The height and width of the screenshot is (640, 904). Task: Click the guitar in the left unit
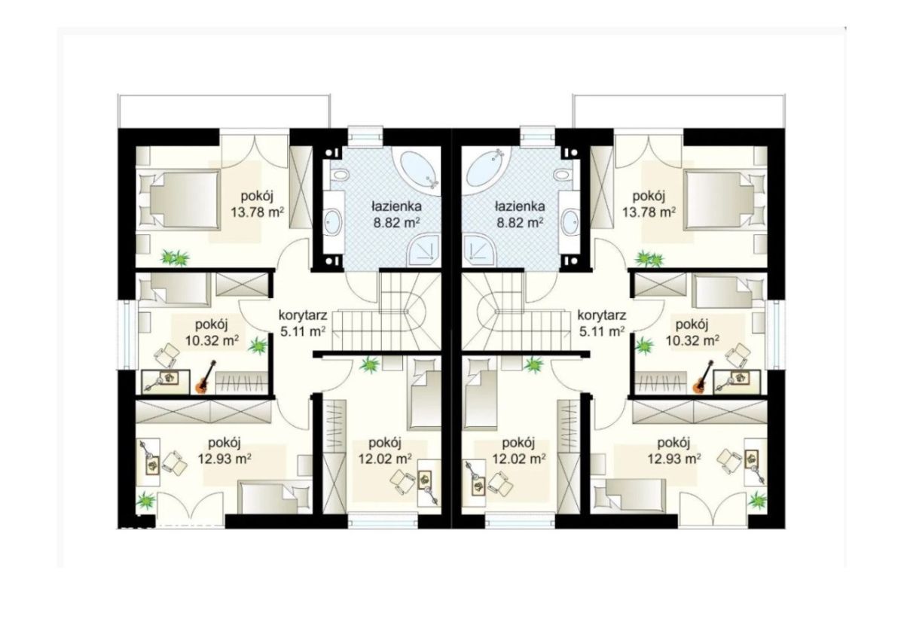206,377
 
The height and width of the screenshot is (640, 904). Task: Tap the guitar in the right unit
703,377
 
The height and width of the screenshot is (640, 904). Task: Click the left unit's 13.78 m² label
257,212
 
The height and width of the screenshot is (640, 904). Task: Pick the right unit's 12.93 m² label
674,459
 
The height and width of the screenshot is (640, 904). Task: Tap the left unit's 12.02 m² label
385,459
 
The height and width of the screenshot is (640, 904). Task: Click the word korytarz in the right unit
602,315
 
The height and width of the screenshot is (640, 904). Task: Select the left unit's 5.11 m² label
303,331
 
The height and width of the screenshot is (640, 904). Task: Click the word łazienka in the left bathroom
396,206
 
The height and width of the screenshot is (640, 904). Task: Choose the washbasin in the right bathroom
570,221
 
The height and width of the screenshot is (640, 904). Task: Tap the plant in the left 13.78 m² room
175,258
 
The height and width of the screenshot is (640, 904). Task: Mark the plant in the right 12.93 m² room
757,500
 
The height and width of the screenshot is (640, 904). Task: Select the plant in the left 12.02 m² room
369,365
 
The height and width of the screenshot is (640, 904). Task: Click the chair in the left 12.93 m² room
174,463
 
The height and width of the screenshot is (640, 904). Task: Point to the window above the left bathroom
365,134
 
